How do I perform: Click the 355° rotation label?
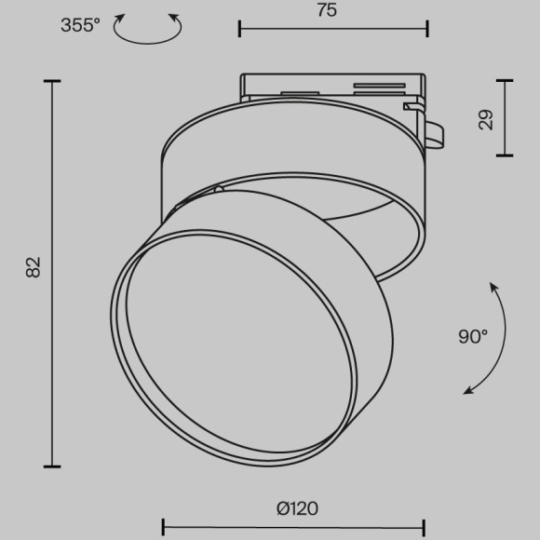pyautogui.click(x=82, y=25)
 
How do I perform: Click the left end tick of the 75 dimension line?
pyautogui.click(x=240, y=28)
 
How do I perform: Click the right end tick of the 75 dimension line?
pyautogui.click(x=427, y=28)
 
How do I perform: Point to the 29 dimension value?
pyautogui.click(x=485, y=119)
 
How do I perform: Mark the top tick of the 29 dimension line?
pyautogui.click(x=505, y=82)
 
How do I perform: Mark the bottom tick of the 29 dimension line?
pyautogui.click(x=505, y=155)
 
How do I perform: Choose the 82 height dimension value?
pyautogui.click(x=34, y=268)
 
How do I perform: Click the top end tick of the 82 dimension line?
pyautogui.click(x=52, y=82)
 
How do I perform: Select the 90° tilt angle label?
pyautogui.click(x=473, y=337)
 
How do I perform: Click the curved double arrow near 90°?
pyautogui.click(x=491, y=340)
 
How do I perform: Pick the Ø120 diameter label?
pyautogui.click(x=297, y=508)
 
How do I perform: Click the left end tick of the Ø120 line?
pyautogui.click(x=164, y=526)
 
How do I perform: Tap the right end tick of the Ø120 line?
pyautogui.click(x=425, y=526)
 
